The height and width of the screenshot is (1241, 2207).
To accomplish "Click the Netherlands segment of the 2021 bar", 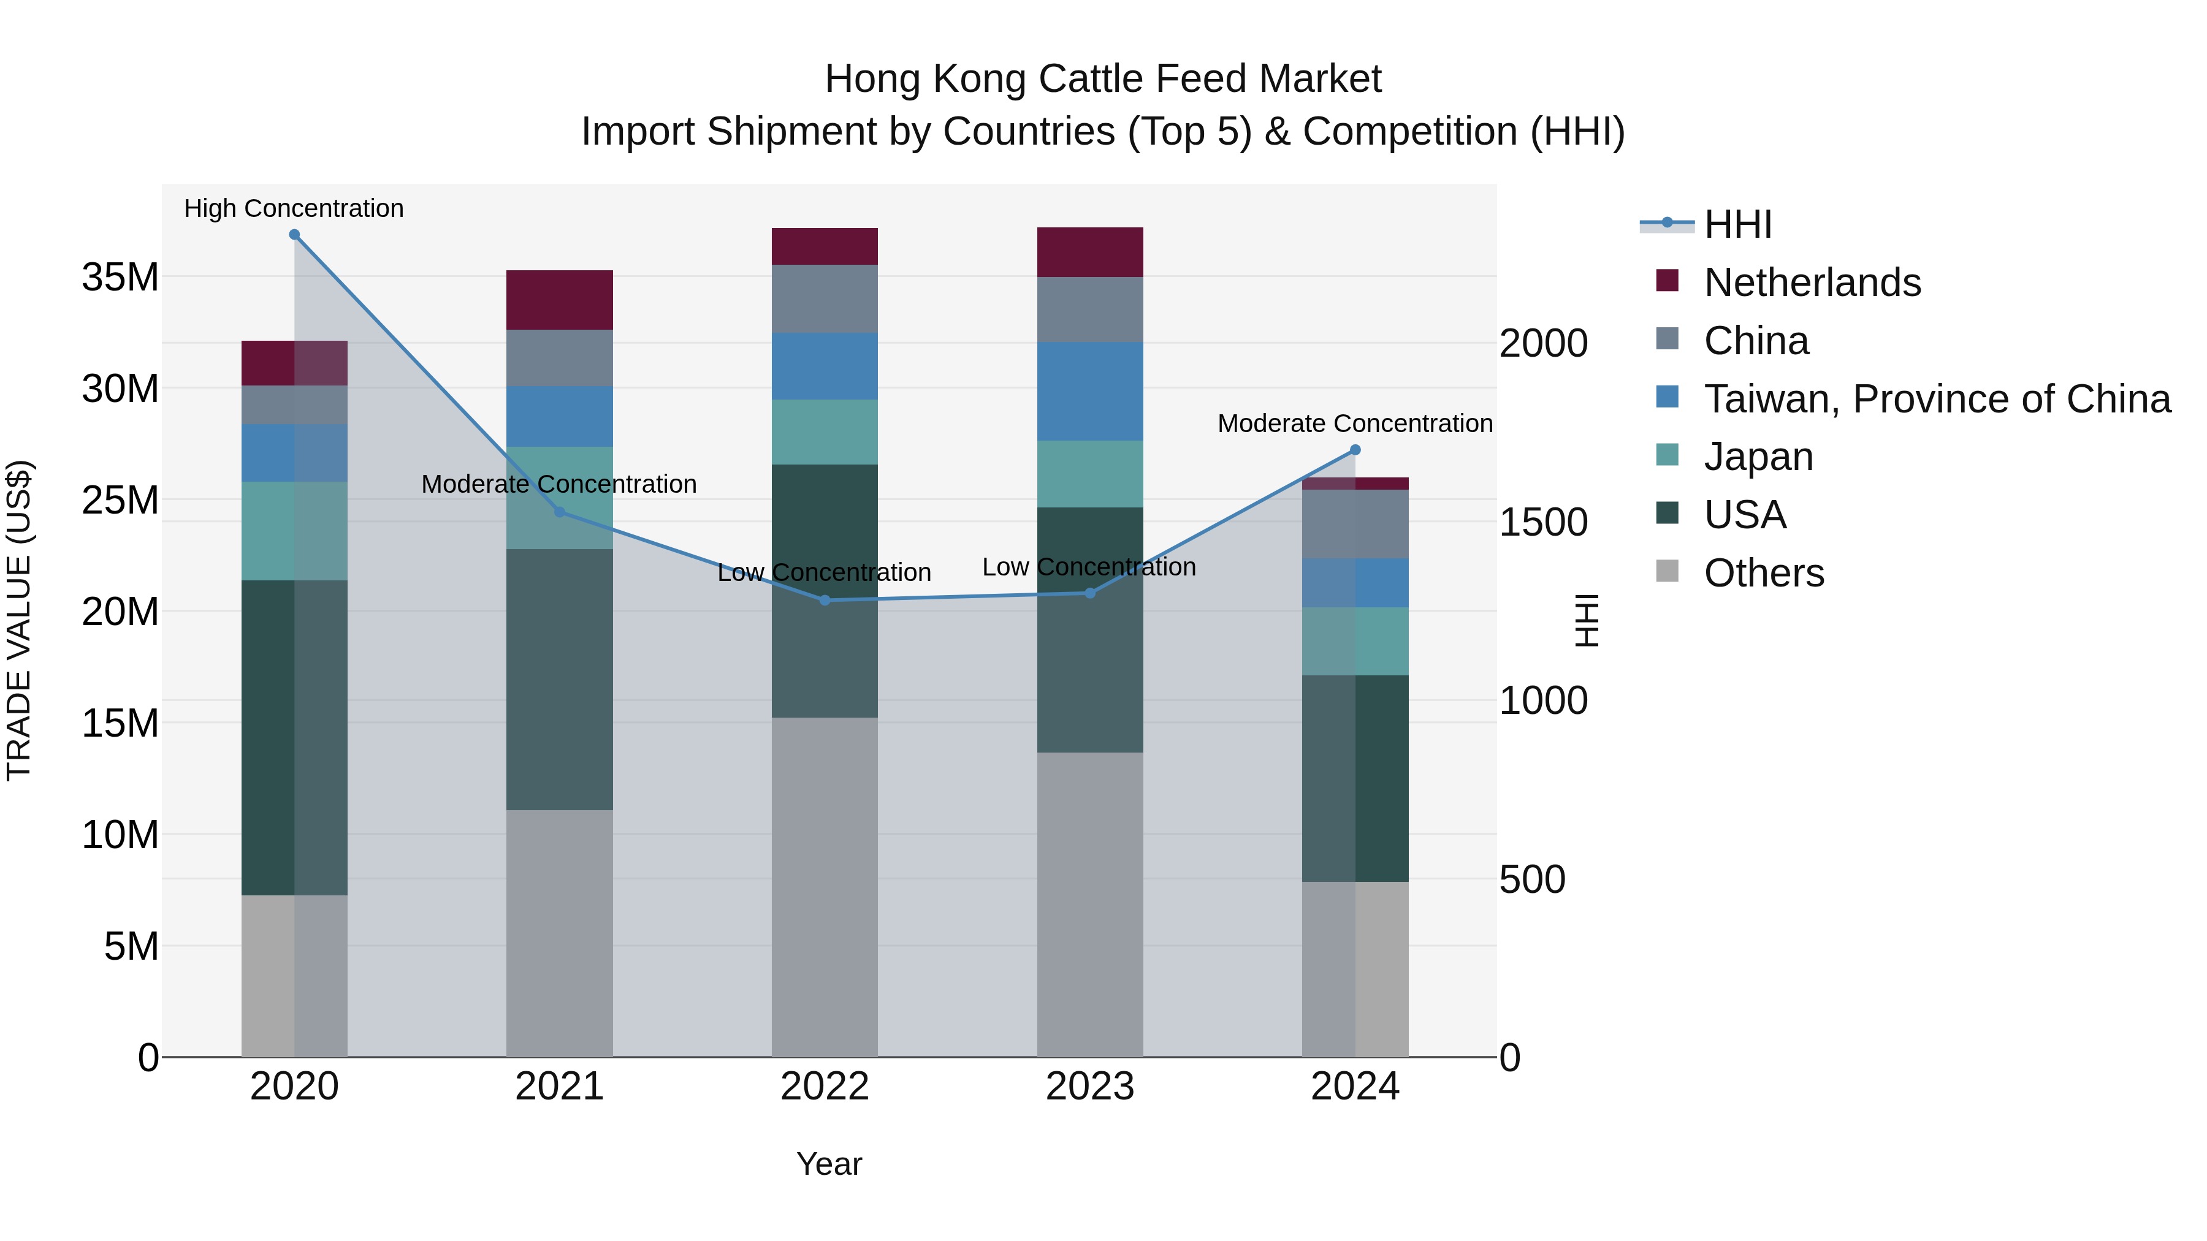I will pyautogui.click(x=560, y=300).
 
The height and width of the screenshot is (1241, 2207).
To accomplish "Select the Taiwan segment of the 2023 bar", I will pyautogui.click(x=1090, y=392).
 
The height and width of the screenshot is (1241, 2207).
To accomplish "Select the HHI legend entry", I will pyautogui.click(x=1737, y=224).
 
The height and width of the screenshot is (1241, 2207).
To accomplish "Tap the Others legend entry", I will pyautogui.click(x=1763, y=573).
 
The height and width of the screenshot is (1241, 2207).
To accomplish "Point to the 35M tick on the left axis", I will pyautogui.click(x=120, y=278).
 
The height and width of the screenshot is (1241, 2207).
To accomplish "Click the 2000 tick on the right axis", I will pyautogui.click(x=1543, y=343).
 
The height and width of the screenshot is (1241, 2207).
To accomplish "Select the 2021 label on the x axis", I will pyautogui.click(x=560, y=1087).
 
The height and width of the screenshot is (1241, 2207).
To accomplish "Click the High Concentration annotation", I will pyautogui.click(x=294, y=208).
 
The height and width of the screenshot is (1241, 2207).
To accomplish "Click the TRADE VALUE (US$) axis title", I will pyautogui.click(x=19, y=620).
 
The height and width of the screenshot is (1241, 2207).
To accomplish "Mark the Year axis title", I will pyautogui.click(x=828, y=1164).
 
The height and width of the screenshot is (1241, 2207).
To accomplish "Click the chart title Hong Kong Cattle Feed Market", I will pyautogui.click(x=1103, y=79).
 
